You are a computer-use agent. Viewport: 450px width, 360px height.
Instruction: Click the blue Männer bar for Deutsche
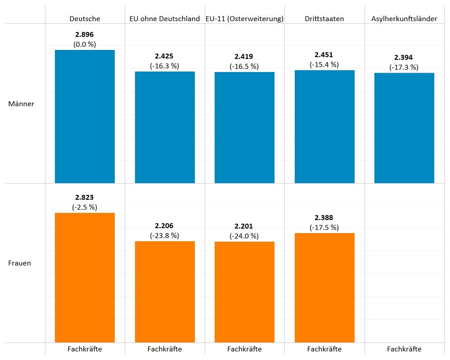[x=85, y=117]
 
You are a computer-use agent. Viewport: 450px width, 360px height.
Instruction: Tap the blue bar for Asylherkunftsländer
[x=404, y=128]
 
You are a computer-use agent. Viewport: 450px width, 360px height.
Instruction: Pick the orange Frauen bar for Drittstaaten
[x=324, y=288]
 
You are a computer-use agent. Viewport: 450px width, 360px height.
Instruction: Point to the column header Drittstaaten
[x=324, y=19]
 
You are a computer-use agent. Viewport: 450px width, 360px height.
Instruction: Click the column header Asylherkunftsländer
[x=404, y=19]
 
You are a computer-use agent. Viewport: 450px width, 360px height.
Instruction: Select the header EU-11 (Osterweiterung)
[x=244, y=19]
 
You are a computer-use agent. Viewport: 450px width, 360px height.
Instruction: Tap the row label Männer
[x=21, y=104]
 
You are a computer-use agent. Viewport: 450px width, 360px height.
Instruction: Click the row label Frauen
[x=20, y=263]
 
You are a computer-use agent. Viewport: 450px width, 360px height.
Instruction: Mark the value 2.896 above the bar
[x=85, y=35]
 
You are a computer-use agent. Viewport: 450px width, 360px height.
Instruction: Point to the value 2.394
[x=403, y=58]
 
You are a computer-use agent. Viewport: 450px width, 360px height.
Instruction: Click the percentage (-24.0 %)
[x=244, y=236]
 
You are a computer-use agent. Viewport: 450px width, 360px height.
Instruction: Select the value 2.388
[x=324, y=218]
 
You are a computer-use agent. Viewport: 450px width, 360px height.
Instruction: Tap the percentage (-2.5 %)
[x=85, y=207]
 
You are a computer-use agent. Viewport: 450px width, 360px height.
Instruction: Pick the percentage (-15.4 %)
[x=324, y=65]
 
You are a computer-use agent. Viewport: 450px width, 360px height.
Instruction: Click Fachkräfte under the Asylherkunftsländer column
[x=404, y=349]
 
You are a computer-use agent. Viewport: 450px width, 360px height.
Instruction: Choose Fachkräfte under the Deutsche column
[x=85, y=349]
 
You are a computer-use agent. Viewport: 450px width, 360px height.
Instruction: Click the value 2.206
[x=164, y=226]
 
